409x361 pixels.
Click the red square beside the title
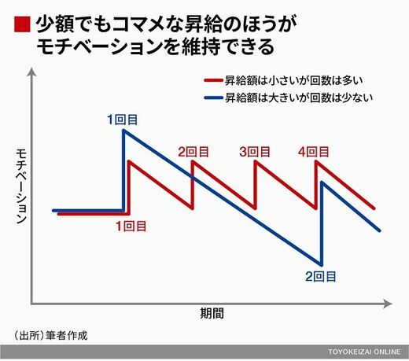coord(22,24)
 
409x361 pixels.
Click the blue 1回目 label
coord(123,120)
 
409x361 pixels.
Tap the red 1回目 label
coord(131,227)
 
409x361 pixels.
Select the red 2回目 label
coord(193,152)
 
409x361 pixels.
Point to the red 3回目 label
coord(255,152)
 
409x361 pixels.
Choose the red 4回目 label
coord(314,152)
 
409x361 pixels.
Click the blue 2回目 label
coord(321,277)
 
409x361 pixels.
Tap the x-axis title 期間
coord(212,313)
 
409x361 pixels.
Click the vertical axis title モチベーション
coord(21,186)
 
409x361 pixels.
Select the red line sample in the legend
coord(213,80)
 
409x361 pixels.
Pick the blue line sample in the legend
coord(213,98)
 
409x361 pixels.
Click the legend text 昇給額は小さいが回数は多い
coord(294,80)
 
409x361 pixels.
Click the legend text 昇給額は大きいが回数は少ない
coord(299,98)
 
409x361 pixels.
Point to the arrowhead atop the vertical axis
coord(32,72)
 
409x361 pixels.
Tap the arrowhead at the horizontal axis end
coord(388,304)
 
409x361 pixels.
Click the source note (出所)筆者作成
coord(50,336)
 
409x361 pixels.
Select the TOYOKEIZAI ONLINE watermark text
coord(364,352)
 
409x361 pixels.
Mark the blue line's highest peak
coord(123,131)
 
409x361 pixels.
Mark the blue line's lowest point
coord(321,264)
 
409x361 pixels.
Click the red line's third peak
coord(256,162)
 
